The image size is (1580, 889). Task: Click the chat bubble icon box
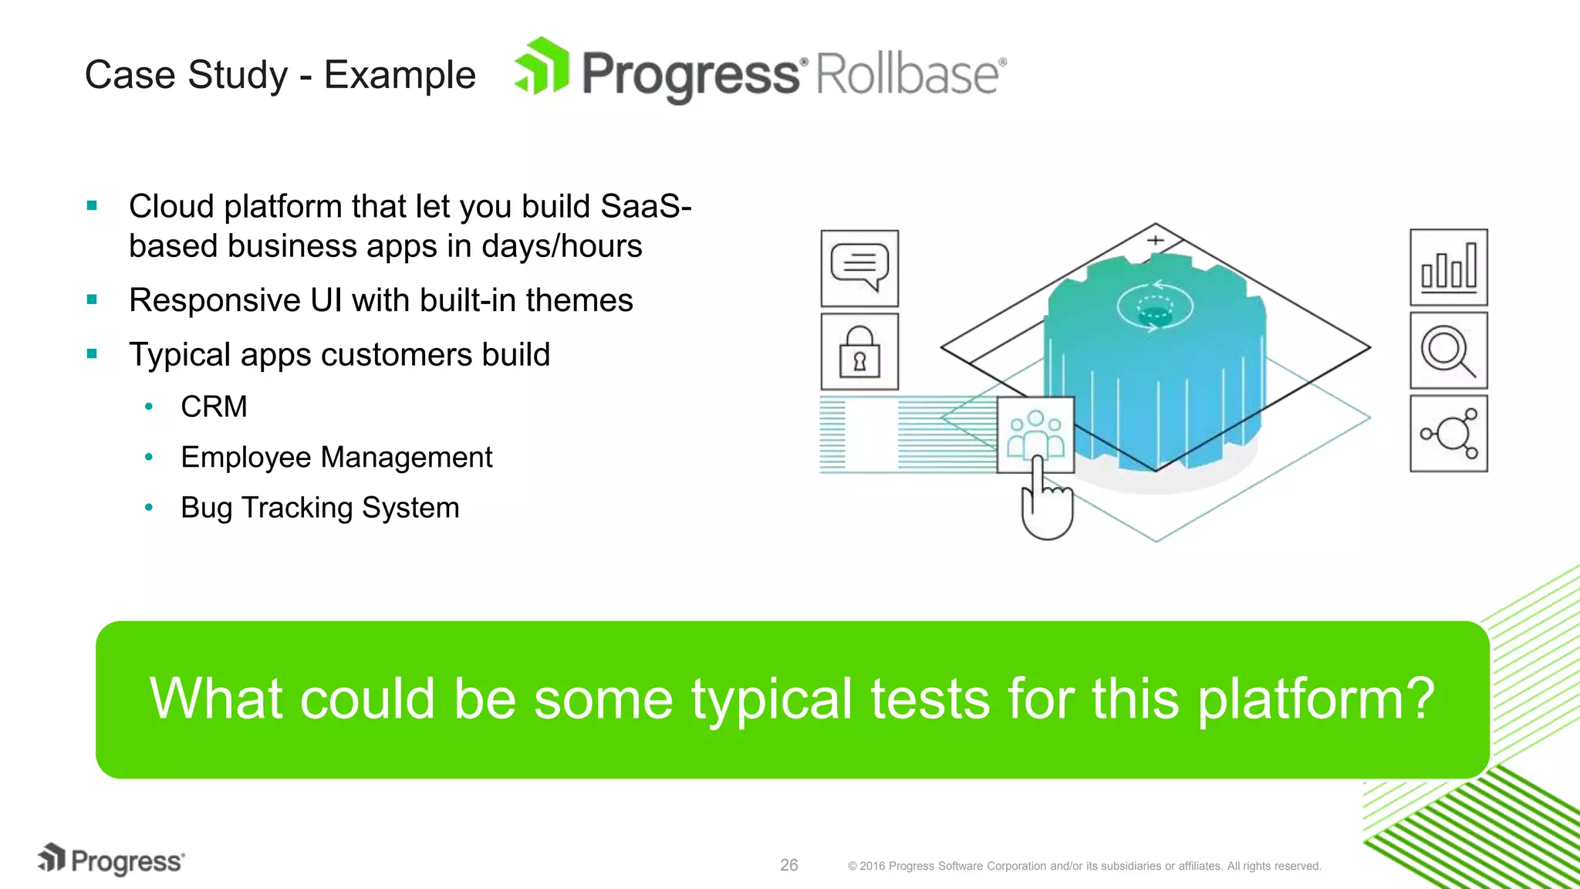tap(859, 268)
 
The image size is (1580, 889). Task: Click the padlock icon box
tap(859, 351)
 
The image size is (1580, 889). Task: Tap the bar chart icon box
tap(1448, 267)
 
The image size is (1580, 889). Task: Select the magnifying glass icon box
tap(1448, 350)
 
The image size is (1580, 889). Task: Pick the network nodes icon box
tap(1448, 434)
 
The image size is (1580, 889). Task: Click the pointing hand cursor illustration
tap(1045, 505)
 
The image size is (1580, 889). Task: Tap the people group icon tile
tap(1035, 434)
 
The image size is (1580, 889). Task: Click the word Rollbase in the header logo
tap(908, 75)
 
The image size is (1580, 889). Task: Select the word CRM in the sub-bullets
tap(214, 407)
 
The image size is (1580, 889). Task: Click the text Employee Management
tap(336, 458)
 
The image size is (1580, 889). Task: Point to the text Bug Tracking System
tap(319, 508)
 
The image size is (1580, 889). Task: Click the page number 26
tap(788, 865)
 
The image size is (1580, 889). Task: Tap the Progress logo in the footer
tap(112, 860)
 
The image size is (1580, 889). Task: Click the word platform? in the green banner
tap(1315, 699)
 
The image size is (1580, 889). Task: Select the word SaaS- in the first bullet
tap(645, 207)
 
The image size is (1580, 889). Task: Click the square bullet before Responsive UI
tap(93, 299)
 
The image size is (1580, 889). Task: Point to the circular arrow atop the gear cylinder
tap(1155, 306)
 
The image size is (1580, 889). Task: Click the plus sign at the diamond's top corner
tap(1155, 240)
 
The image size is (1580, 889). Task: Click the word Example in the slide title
tap(400, 76)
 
